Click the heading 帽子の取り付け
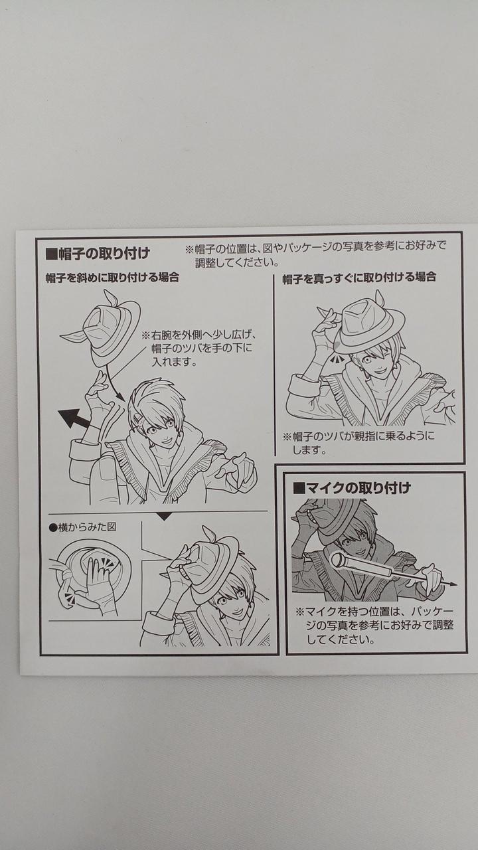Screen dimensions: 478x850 tap(98, 254)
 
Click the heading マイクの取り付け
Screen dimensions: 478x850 tap(352, 487)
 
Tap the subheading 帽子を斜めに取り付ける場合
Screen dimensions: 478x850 tap(112, 278)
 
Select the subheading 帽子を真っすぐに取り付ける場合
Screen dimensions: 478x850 tap(359, 278)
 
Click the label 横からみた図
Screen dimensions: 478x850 tap(83, 527)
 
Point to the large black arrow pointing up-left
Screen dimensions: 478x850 tap(74, 418)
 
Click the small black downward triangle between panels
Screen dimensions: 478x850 tap(164, 517)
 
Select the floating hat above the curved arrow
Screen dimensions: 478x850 tap(100, 327)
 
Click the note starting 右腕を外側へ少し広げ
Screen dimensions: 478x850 tap(199, 349)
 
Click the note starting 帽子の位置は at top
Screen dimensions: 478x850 tap(315, 254)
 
